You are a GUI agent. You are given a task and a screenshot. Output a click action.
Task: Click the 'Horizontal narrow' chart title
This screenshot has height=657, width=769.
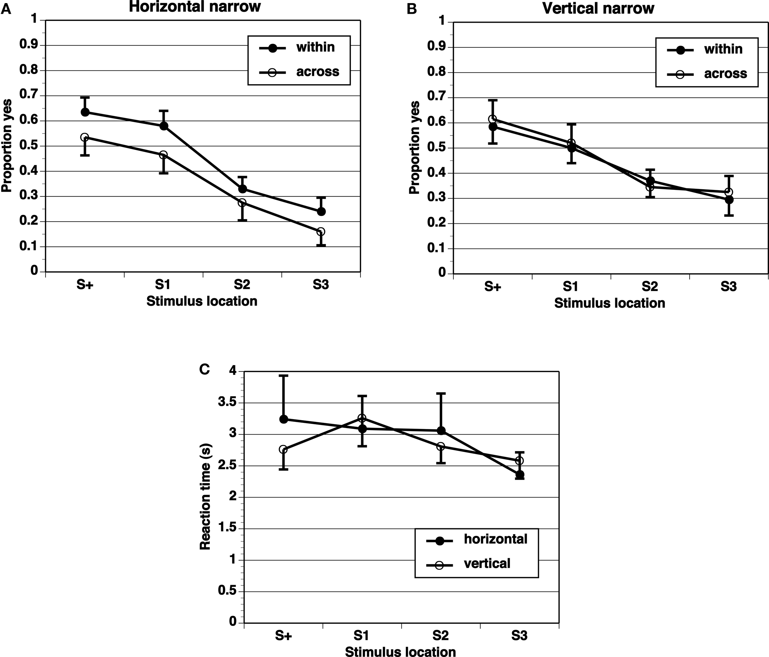coord(194,7)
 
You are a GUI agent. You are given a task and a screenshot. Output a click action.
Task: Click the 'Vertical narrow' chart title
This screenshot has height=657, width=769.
coord(598,8)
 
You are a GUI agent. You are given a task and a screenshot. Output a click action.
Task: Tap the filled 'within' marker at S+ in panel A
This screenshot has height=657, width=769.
coord(85,112)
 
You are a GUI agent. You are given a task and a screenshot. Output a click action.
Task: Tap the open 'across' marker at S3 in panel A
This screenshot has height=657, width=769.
coord(321,232)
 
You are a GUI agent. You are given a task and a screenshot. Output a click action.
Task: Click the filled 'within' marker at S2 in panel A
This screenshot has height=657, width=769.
coord(242,189)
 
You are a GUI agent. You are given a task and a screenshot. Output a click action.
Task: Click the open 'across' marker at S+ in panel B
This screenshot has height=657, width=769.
coord(492,119)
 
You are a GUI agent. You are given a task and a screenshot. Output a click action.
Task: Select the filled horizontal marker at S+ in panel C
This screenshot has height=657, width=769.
coord(284,419)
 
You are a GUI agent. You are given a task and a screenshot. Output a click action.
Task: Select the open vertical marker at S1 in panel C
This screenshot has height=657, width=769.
coord(362,418)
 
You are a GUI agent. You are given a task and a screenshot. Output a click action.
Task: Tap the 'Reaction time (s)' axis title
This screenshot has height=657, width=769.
coord(205,497)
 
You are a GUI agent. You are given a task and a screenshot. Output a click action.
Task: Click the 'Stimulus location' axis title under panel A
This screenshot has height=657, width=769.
coord(202,301)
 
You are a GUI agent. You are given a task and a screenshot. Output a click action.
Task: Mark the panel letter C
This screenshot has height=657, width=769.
coord(205,369)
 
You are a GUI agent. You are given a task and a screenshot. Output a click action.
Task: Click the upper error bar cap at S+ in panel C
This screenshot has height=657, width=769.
coord(284,376)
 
